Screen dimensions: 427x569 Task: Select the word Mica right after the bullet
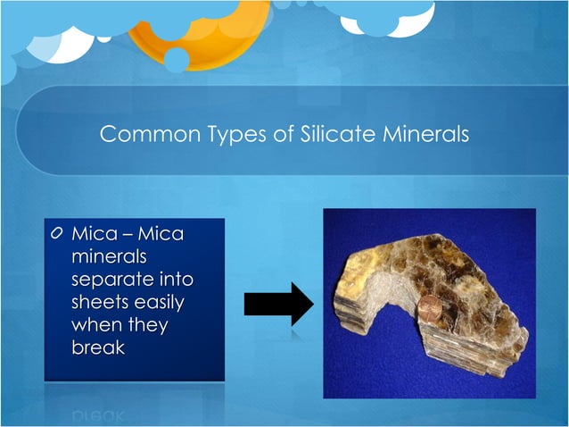tap(90, 234)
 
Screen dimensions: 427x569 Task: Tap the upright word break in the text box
tap(98, 347)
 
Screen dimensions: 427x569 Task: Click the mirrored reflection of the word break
tap(98, 414)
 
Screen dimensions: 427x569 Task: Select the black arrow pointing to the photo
tap(277, 305)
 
